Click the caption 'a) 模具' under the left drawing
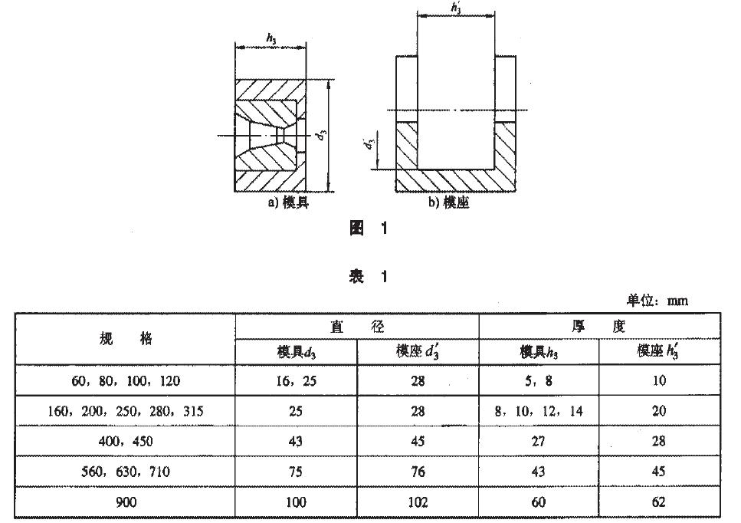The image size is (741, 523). [x=287, y=203]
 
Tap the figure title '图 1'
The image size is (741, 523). [x=369, y=229]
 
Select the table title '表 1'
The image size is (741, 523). [x=369, y=277]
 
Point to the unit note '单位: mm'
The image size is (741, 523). [x=657, y=301]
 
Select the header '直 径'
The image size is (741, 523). [x=356, y=326]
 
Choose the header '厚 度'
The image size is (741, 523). [x=598, y=326]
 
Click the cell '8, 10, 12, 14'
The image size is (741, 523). [x=539, y=411]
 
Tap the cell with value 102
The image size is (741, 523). [x=418, y=502]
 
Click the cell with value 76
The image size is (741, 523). [x=418, y=472]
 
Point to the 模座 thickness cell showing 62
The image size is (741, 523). [x=658, y=502]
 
